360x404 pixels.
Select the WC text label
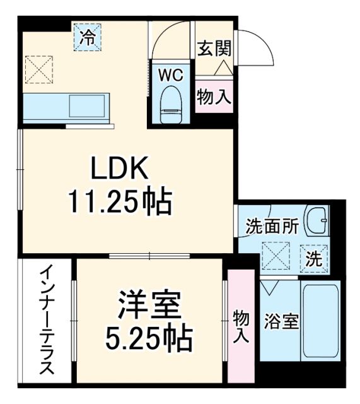(170, 74)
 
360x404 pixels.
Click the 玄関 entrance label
(215, 49)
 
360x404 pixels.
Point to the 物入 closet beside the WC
(214, 97)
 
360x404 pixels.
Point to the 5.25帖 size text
(149, 339)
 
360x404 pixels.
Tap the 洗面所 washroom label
(263, 227)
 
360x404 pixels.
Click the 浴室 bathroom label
(281, 321)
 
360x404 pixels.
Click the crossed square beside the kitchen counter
(40, 69)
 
